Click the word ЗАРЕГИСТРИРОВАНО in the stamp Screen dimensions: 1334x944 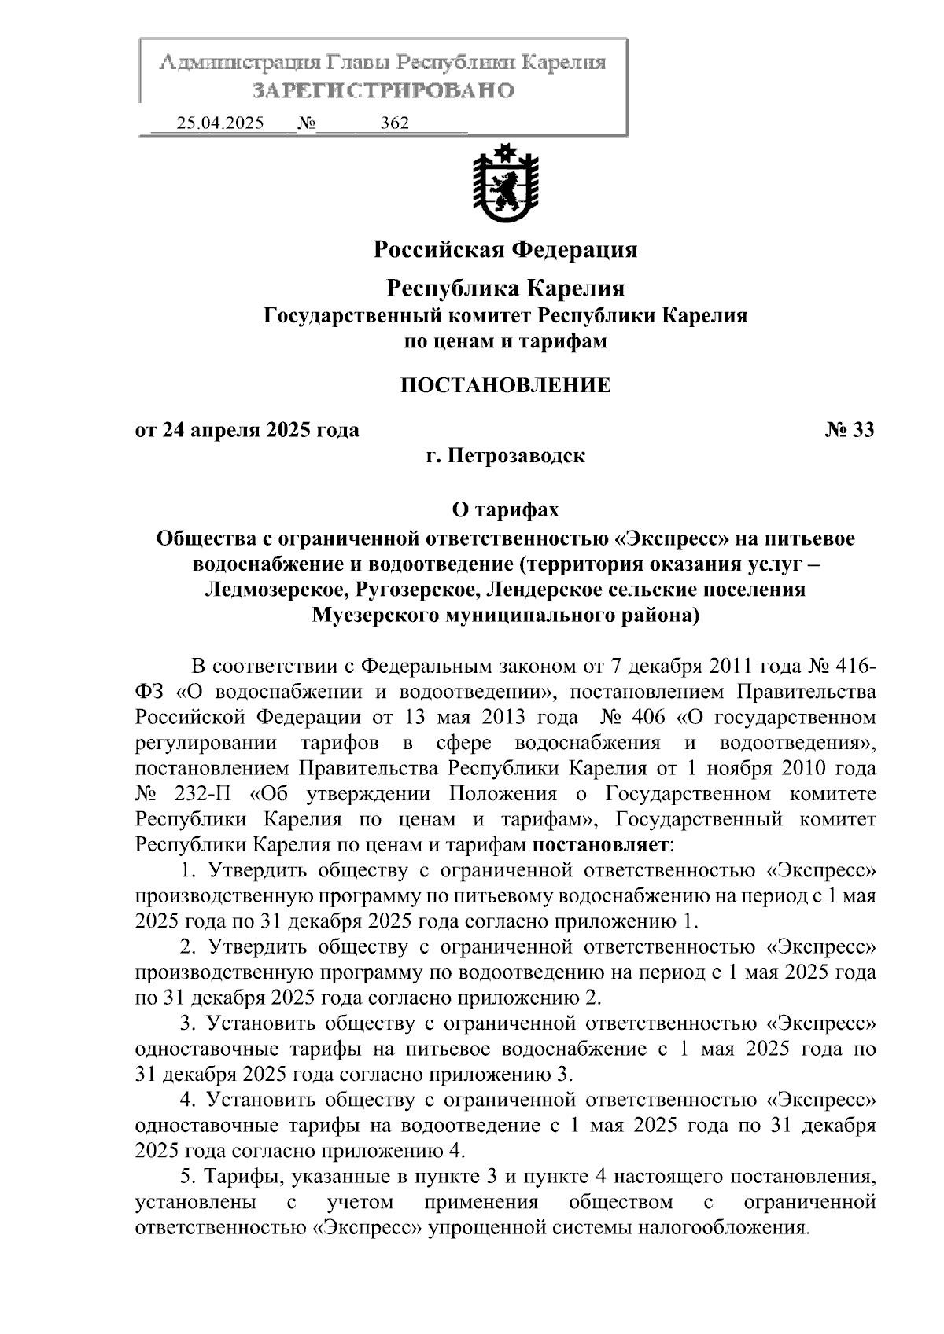(x=383, y=91)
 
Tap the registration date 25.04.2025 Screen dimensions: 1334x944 (x=220, y=123)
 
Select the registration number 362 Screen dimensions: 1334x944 (x=394, y=123)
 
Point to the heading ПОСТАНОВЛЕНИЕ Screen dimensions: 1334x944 (x=505, y=385)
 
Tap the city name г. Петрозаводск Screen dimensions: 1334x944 (x=505, y=456)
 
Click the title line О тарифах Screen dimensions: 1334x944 (x=505, y=510)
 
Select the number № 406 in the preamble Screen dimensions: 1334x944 (x=633, y=718)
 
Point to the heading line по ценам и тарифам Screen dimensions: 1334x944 (x=505, y=342)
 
